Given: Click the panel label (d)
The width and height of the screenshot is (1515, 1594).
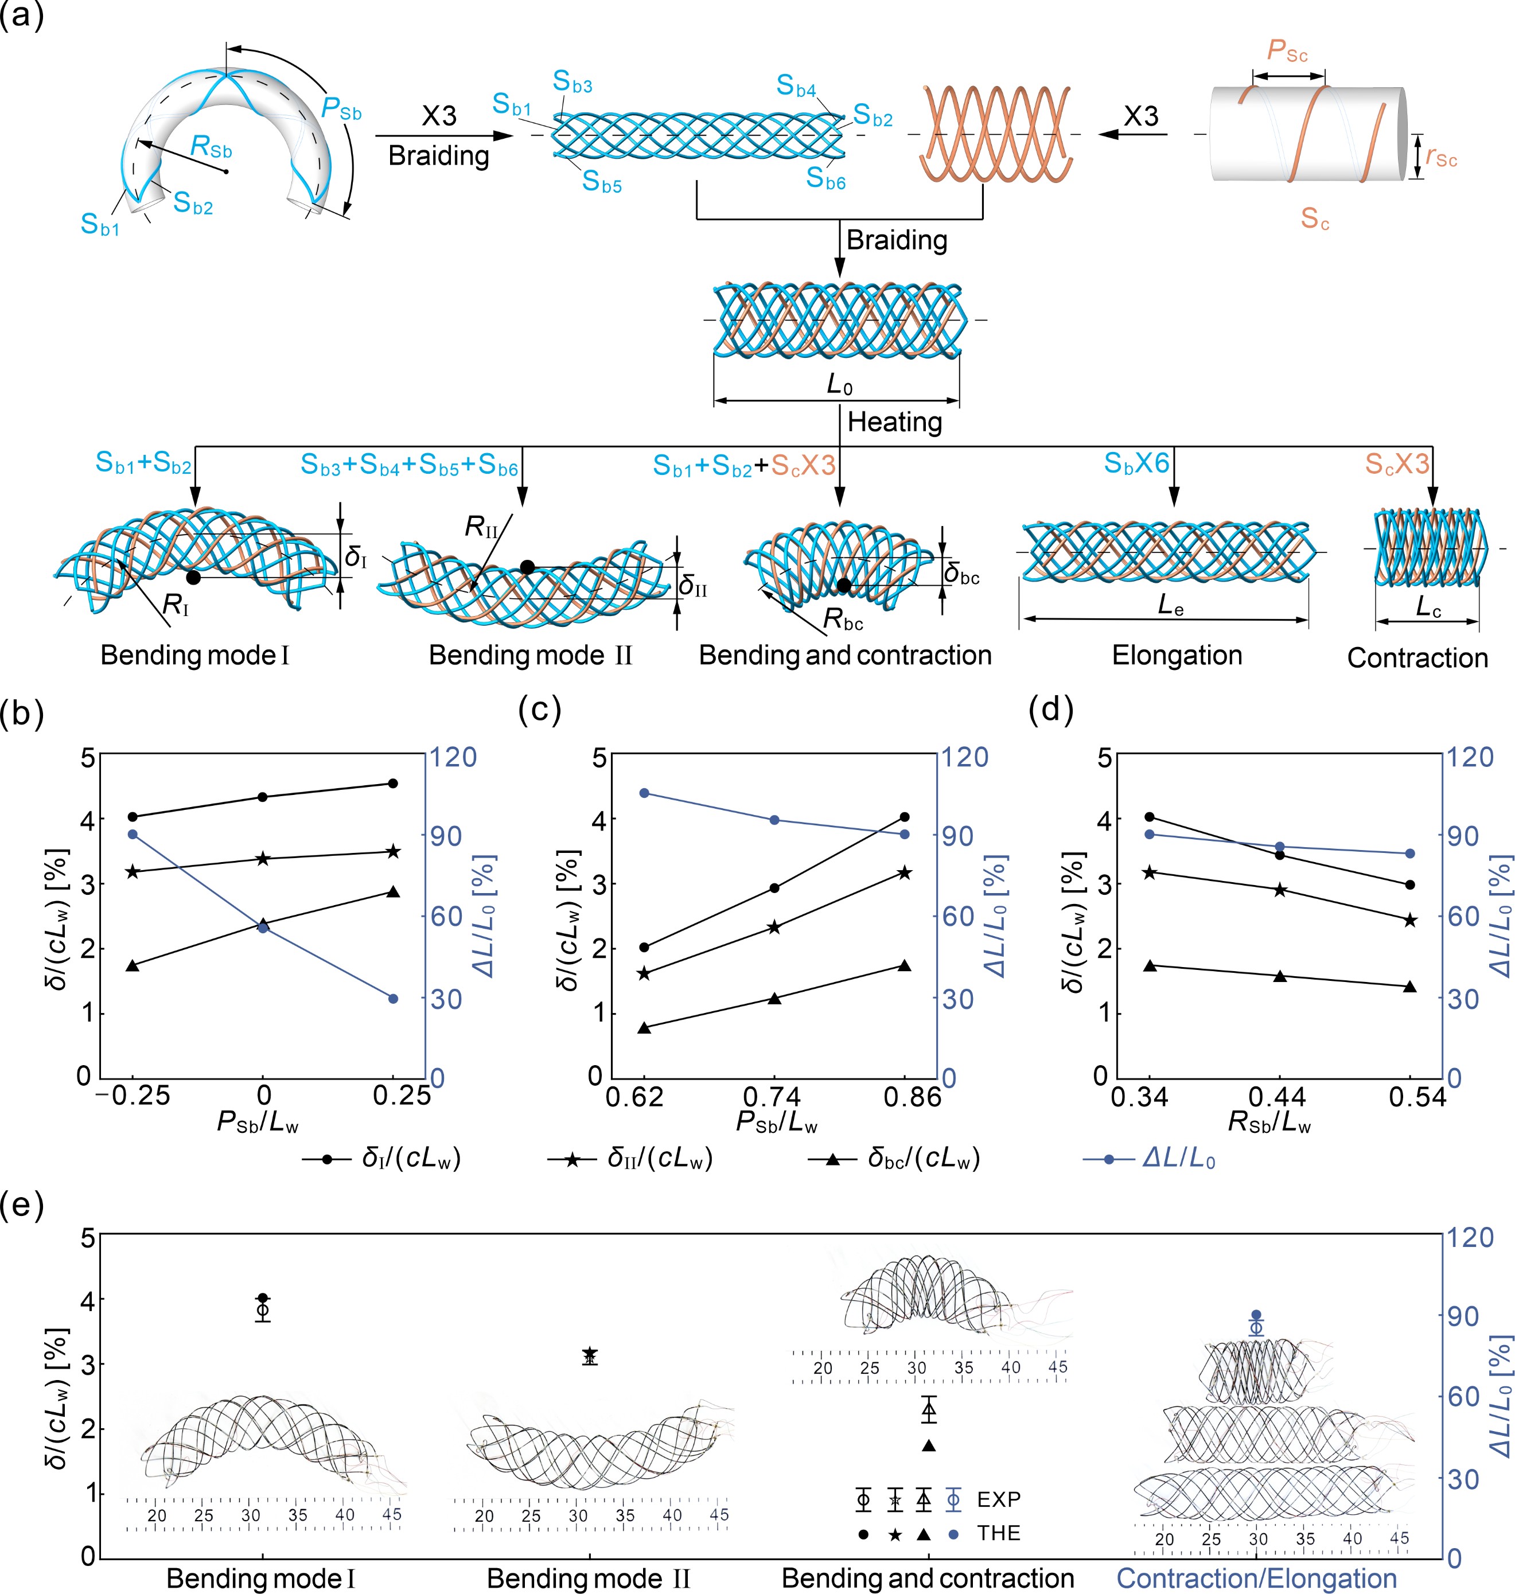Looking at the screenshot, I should (1051, 711).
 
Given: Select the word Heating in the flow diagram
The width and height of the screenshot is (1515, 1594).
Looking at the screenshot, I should (895, 422).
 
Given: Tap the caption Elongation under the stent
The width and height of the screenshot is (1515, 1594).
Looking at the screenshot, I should (1177, 655).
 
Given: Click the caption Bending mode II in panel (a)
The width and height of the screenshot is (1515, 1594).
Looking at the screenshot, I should (531, 655).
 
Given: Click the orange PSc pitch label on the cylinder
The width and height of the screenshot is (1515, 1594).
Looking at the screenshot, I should (1287, 51).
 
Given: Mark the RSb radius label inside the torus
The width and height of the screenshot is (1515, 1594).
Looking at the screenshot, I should (211, 147).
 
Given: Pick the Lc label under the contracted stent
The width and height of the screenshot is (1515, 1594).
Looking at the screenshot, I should (1428, 608).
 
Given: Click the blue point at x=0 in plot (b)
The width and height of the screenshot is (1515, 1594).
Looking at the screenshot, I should (263, 928).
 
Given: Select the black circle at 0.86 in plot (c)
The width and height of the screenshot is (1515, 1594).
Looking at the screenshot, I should (905, 817).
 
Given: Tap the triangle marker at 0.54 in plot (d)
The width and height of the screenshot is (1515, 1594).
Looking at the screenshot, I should (1410, 987).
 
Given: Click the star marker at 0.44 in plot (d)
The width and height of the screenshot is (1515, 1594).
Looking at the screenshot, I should (1280, 890).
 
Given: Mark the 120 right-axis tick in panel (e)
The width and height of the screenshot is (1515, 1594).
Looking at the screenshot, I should (1471, 1237).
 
